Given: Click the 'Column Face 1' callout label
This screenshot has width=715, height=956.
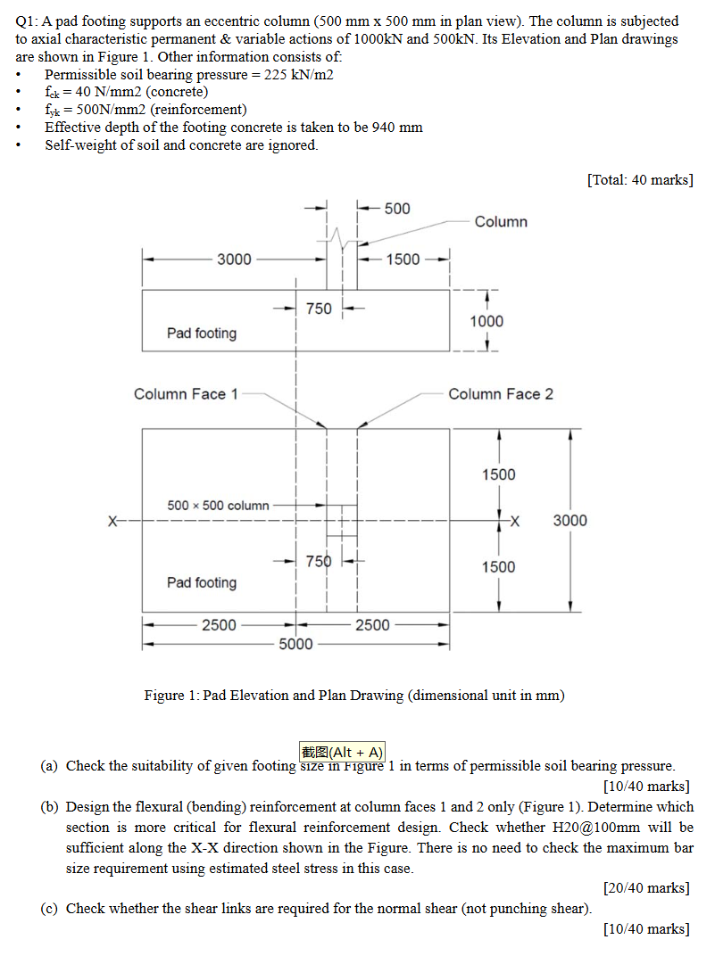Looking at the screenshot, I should tap(186, 394).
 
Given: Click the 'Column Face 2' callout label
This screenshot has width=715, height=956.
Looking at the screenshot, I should tap(500, 394).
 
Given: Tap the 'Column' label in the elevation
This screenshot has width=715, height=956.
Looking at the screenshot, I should tap(501, 221).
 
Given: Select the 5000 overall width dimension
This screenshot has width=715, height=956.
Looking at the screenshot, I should tap(295, 644).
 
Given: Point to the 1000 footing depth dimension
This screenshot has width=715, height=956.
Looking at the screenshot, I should tap(486, 321).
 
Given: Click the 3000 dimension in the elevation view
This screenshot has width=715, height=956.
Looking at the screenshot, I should tap(235, 260).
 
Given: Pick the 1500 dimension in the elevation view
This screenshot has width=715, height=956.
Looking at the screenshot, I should tap(403, 260).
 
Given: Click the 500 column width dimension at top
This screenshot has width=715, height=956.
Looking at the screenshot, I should tap(397, 209).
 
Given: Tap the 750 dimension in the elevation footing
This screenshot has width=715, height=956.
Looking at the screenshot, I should tap(319, 309).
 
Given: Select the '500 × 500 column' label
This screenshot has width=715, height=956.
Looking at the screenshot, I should tap(218, 506).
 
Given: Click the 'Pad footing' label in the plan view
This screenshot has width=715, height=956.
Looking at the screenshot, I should tap(202, 582).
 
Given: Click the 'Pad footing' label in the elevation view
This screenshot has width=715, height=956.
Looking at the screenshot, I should tap(202, 334).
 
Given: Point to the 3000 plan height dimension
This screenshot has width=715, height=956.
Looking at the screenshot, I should tap(570, 520).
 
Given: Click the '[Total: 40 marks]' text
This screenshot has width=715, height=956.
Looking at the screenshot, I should tap(640, 180).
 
